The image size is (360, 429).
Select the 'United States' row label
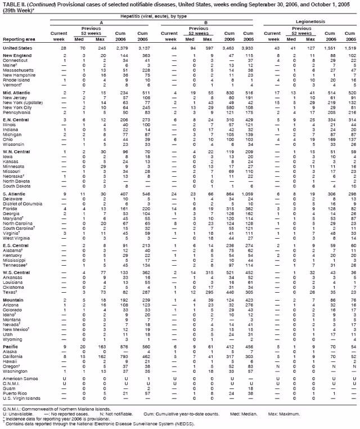tap(17, 49)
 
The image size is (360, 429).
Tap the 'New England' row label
tap(16, 57)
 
